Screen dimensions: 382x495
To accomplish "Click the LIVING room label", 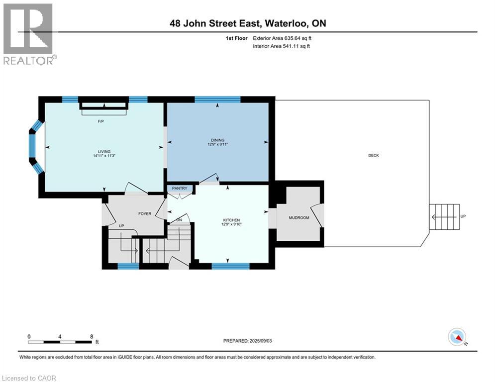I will [104, 152].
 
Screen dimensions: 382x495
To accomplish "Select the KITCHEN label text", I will [231, 220].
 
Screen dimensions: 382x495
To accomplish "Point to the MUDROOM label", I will [299, 218].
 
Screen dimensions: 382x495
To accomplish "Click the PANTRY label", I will [179, 188].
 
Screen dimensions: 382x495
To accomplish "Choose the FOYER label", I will [144, 213].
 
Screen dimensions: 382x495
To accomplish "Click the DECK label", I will [374, 155].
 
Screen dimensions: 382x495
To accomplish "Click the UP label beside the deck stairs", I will [463, 216].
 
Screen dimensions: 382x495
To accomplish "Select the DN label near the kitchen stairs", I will [179, 220].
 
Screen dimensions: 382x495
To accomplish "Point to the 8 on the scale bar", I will [92, 336].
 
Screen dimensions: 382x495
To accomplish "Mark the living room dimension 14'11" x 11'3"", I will [104, 156].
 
